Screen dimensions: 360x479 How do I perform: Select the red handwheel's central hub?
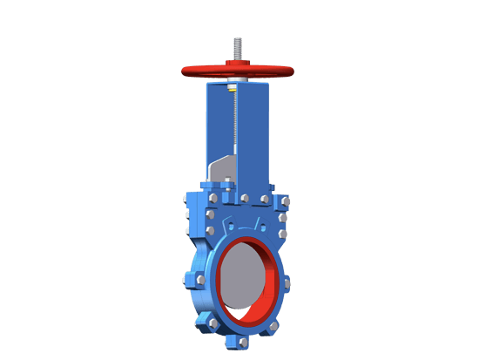237,66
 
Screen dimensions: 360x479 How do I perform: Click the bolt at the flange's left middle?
199,280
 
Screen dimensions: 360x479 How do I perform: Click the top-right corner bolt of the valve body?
286,201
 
